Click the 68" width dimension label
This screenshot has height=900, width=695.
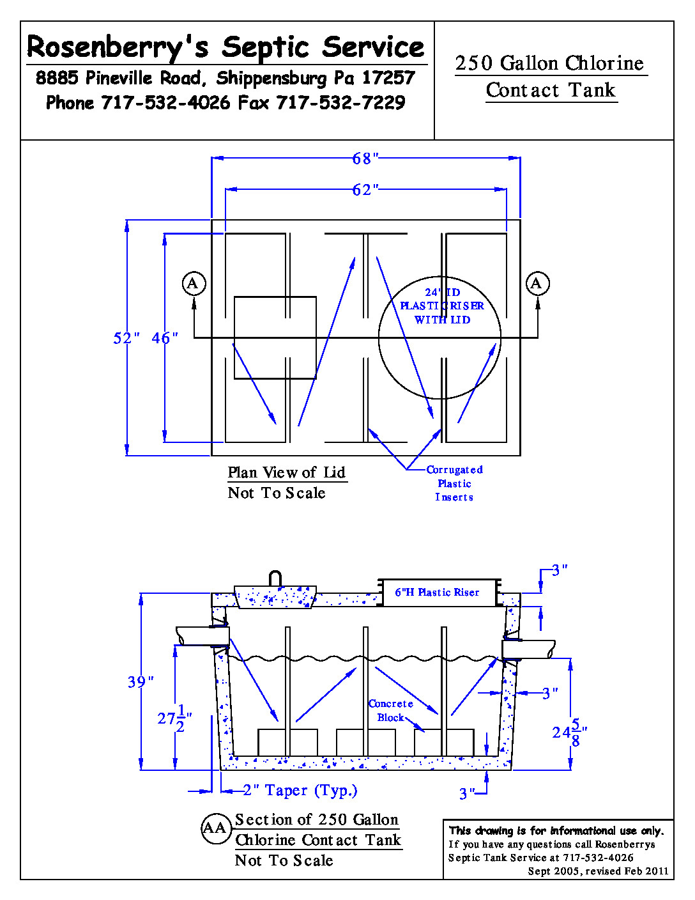(x=365, y=158)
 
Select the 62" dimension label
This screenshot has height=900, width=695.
(x=365, y=190)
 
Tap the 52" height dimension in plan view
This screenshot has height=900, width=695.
(x=126, y=338)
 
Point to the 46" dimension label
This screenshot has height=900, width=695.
(x=164, y=338)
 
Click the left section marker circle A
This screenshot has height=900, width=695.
(x=194, y=283)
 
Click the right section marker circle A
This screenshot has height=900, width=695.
(x=537, y=283)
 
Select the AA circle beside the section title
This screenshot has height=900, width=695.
(x=215, y=828)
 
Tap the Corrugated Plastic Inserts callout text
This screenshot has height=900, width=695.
(x=454, y=483)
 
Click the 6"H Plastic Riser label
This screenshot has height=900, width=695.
(x=437, y=593)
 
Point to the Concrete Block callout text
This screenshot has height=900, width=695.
(x=390, y=711)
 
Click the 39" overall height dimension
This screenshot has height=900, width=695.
(x=141, y=682)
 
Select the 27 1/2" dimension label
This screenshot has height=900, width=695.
(x=174, y=718)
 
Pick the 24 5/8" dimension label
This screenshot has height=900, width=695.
(x=569, y=733)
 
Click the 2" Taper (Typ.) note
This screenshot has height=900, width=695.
(x=300, y=791)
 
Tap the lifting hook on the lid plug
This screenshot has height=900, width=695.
(x=275, y=578)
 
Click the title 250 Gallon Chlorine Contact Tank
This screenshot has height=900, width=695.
(x=551, y=77)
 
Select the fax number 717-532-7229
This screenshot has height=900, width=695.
(x=340, y=103)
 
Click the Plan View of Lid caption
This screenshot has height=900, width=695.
(x=287, y=473)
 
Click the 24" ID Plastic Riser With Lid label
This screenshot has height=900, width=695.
(x=442, y=306)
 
